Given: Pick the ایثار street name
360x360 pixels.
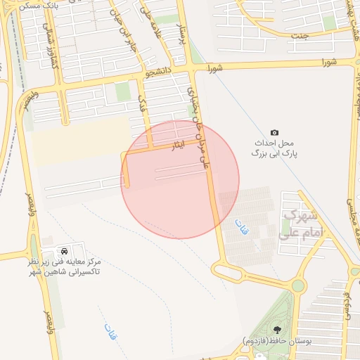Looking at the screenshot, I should point(178,146).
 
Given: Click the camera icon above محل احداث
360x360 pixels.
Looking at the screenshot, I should point(274,133).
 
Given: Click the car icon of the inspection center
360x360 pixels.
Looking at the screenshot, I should point(65,250).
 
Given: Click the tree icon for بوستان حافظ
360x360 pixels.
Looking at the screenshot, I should point(276,328).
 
